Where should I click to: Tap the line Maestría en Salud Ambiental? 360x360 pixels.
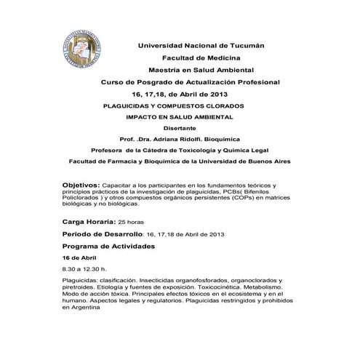tap(201, 71)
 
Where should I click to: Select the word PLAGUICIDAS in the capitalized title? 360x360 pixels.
tap(129, 106)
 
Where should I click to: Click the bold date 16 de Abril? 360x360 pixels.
tap(80, 258)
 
